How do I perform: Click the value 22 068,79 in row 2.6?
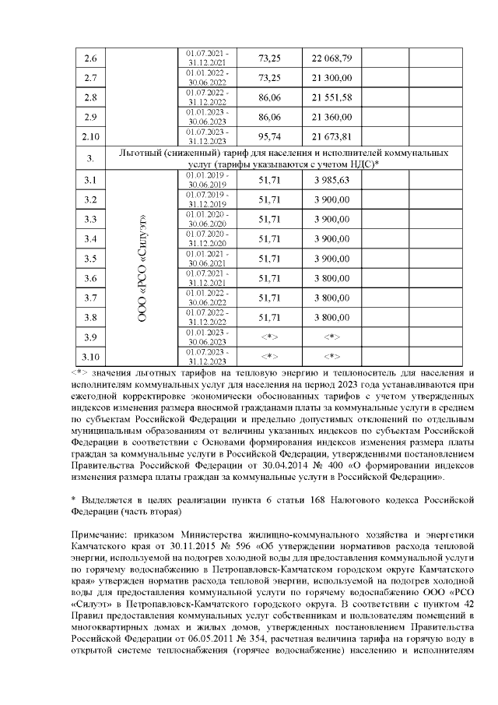coord(332,59)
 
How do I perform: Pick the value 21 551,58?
coord(332,98)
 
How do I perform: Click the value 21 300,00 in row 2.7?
coord(332,79)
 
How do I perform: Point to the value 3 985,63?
coord(332,181)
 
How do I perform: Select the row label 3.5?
coord(89,259)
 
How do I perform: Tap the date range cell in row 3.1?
coord(207,181)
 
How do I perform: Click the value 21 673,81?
coord(332,137)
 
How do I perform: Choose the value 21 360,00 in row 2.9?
coord(332,118)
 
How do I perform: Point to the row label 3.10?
coord(89,358)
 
